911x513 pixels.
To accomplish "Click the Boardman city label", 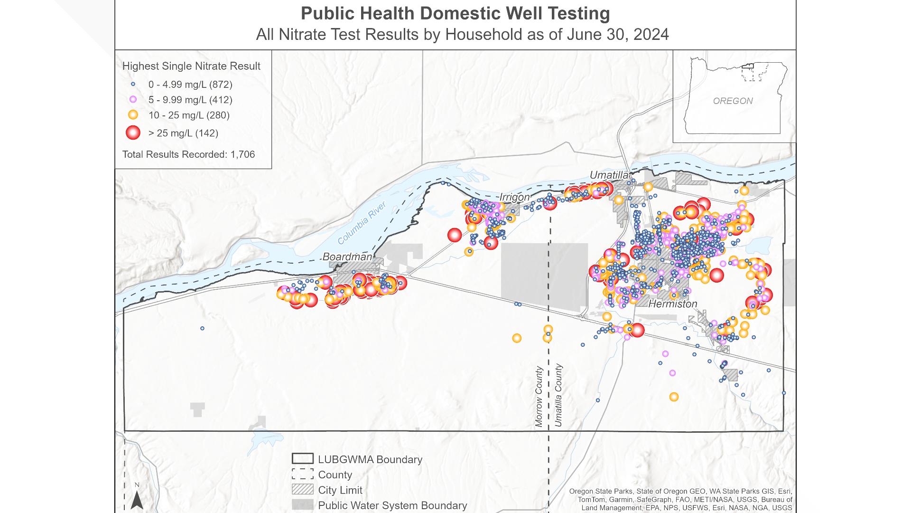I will (x=347, y=257).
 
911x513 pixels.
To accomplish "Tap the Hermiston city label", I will (x=672, y=304).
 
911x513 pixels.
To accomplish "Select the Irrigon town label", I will (x=514, y=197).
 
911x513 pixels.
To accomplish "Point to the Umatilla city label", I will (x=609, y=175).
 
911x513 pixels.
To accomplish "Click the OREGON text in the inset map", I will (x=733, y=101).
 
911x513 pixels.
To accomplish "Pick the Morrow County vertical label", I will (x=539, y=396).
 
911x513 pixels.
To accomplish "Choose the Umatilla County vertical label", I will (x=558, y=395).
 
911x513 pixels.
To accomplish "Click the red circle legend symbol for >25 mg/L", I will (x=133, y=133).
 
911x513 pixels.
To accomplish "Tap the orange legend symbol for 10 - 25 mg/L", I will (x=133, y=115).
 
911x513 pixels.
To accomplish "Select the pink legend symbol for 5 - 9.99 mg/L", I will (x=133, y=100).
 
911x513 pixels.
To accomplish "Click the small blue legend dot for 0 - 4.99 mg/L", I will (x=133, y=85).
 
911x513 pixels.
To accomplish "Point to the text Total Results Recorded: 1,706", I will (x=188, y=154).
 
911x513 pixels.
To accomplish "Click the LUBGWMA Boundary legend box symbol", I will (x=302, y=459).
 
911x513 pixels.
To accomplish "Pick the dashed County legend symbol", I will (x=302, y=474).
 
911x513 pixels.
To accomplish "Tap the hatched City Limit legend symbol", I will (x=302, y=489).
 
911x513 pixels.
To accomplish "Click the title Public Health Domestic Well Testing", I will (x=455, y=13).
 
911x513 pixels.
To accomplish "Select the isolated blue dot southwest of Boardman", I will (x=202, y=328).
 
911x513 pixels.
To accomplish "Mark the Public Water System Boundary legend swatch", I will (x=302, y=504).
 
